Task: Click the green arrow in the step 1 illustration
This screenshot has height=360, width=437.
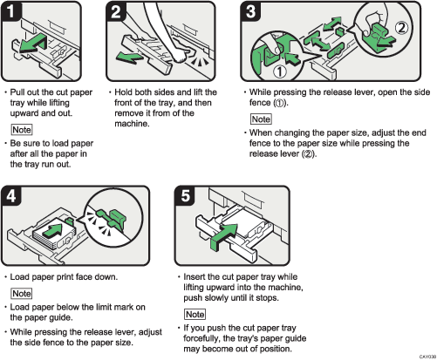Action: pos(35,44)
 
